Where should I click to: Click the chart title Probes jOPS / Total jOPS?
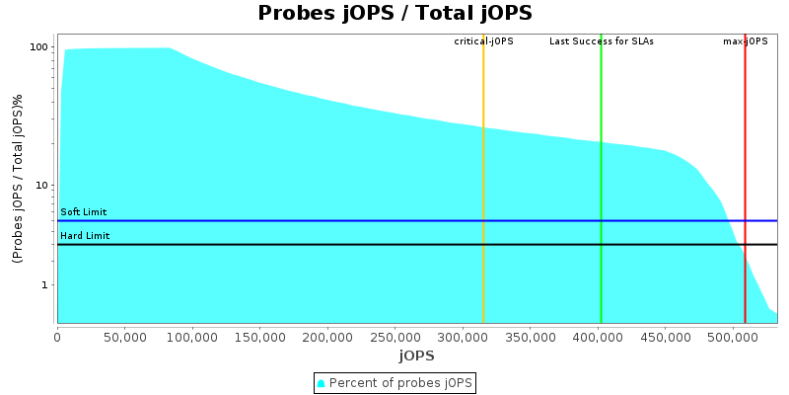394,13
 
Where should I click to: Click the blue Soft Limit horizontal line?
296,220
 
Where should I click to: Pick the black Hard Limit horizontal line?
296,244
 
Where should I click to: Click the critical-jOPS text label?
483,41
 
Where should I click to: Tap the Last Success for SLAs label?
602,41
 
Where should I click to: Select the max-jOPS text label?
746,41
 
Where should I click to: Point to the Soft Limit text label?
84,212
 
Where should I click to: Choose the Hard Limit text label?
85,236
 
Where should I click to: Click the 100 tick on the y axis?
39,47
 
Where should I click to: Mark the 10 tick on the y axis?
42,186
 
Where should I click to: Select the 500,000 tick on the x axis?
732,337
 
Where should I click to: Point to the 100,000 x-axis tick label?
192,337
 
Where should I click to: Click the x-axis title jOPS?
416,355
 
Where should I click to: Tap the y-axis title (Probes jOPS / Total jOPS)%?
18,178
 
